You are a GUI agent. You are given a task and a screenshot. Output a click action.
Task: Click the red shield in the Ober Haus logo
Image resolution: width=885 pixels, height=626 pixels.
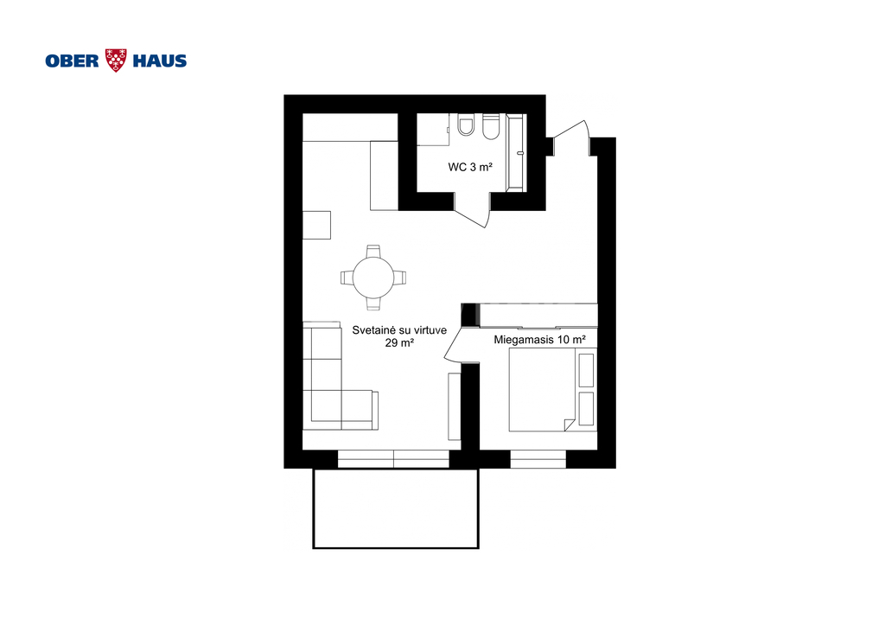pyautogui.click(x=117, y=60)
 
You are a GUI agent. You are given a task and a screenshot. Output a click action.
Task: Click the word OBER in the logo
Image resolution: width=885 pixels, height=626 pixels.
pyautogui.click(x=73, y=61)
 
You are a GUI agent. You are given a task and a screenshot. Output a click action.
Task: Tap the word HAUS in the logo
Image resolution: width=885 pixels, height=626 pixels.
pyautogui.click(x=160, y=61)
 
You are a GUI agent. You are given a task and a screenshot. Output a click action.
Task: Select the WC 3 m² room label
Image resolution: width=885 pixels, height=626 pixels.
pyautogui.click(x=470, y=167)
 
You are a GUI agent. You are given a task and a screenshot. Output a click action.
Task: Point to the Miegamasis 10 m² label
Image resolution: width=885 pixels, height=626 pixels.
pyautogui.click(x=539, y=340)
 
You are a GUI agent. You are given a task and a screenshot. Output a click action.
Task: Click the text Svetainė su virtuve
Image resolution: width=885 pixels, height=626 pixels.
pyautogui.click(x=399, y=330)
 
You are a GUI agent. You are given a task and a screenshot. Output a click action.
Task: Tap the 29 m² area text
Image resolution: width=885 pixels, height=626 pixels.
pyautogui.click(x=399, y=343)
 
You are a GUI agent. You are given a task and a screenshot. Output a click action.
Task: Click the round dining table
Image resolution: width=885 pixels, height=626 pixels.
pyautogui.click(x=373, y=278)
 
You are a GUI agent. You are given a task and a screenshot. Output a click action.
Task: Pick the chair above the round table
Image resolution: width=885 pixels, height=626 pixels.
pyautogui.click(x=373, y=252)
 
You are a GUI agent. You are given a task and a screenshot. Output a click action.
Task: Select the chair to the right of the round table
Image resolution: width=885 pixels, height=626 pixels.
pyautogui.click(x=399, y=278)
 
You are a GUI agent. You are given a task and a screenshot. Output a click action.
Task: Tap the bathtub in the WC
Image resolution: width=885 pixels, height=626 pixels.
pyautogui.click(x=516, y=152)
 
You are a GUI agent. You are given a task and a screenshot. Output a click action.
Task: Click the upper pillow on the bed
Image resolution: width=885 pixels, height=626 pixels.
pyautogui.click(x=587, y=370)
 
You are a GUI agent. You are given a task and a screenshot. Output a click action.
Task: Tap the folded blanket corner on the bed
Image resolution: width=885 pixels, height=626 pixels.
pyautogui.click(x=570, y=425)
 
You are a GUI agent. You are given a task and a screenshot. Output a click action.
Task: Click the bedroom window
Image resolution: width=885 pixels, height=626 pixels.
pyautogui.click(x=538, y=459)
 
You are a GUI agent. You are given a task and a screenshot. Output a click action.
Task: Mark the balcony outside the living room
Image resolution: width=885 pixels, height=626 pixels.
pyautogui.click(x=396, y=508)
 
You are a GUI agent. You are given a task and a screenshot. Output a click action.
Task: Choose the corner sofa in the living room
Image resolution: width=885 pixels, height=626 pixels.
pyautogui.click(x=326, y=389)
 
